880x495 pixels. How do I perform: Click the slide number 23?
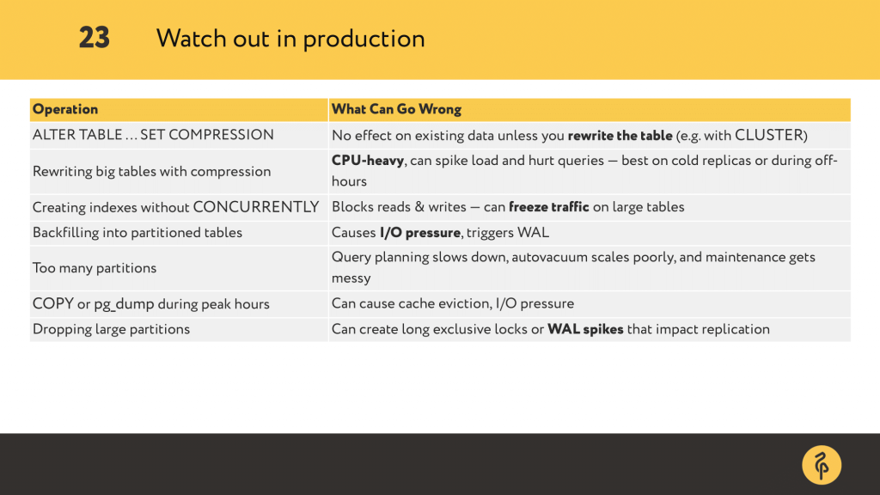point(95,38)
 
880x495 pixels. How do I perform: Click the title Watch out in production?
point(290,39)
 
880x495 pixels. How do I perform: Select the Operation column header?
point(65,109)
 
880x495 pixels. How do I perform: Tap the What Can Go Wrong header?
point(396,109)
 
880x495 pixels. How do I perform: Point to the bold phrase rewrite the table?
point(620,136)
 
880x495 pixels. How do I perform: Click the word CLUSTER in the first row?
point(769,135)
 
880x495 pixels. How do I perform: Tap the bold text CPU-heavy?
point(368,161)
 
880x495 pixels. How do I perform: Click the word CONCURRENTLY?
point(256,207)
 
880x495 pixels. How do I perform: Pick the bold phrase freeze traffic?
point(549,207)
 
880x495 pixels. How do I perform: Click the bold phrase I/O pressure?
point(419,233)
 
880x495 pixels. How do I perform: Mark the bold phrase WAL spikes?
point(585,329)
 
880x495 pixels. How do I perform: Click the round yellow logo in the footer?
point(822,465)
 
